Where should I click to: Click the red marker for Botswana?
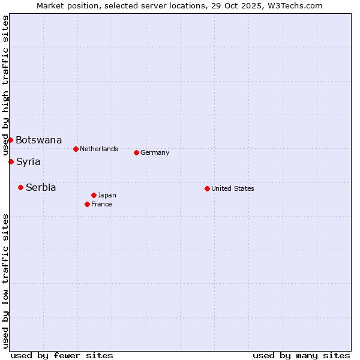coord(10,140)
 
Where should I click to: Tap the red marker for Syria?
coord(11,161)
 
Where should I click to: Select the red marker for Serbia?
coord(20,187)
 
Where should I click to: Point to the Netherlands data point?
coord(76,149)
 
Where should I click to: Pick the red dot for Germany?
coord(136,152)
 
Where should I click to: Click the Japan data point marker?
coord(94,195)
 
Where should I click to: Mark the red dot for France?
coord(87,204)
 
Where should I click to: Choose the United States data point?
coord(207,188)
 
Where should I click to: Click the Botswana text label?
coord(38,140)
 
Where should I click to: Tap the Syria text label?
coord(28,161)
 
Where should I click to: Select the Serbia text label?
coord(41,187)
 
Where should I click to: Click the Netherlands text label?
coord(98,149)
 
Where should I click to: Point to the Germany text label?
coord(155,152)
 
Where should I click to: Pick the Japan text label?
coord(107,195)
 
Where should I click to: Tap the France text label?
coord(101,204)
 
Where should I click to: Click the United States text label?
coord(232,188)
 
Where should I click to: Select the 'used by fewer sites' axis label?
coord(62,355)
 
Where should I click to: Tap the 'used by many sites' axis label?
coord(301,355)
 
